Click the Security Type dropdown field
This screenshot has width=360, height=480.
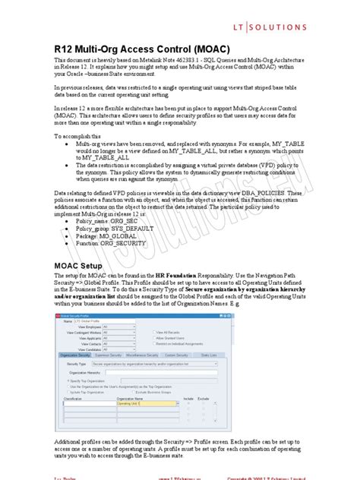click(x=175, y=363)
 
